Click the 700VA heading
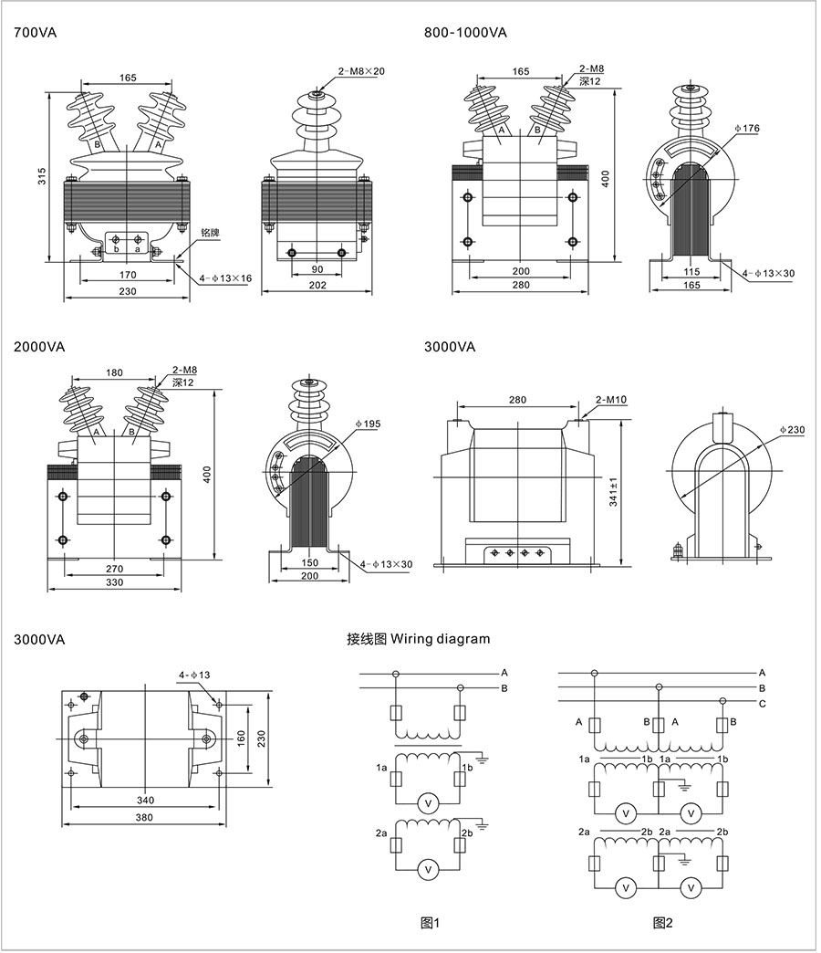(36, 33)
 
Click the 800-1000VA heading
(465, 33)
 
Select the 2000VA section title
(39, 348)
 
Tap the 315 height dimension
(42, 178)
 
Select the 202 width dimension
(317, 286)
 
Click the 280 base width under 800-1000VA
(521, 286)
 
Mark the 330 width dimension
(114, 582)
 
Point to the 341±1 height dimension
(614, 492)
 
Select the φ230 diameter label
(792, 429)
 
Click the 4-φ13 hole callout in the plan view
(194, 675)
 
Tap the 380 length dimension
(144, 818)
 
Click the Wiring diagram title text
(419, 639)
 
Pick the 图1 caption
(430, 923)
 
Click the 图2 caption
(662, 923)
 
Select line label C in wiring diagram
(762, 703)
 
